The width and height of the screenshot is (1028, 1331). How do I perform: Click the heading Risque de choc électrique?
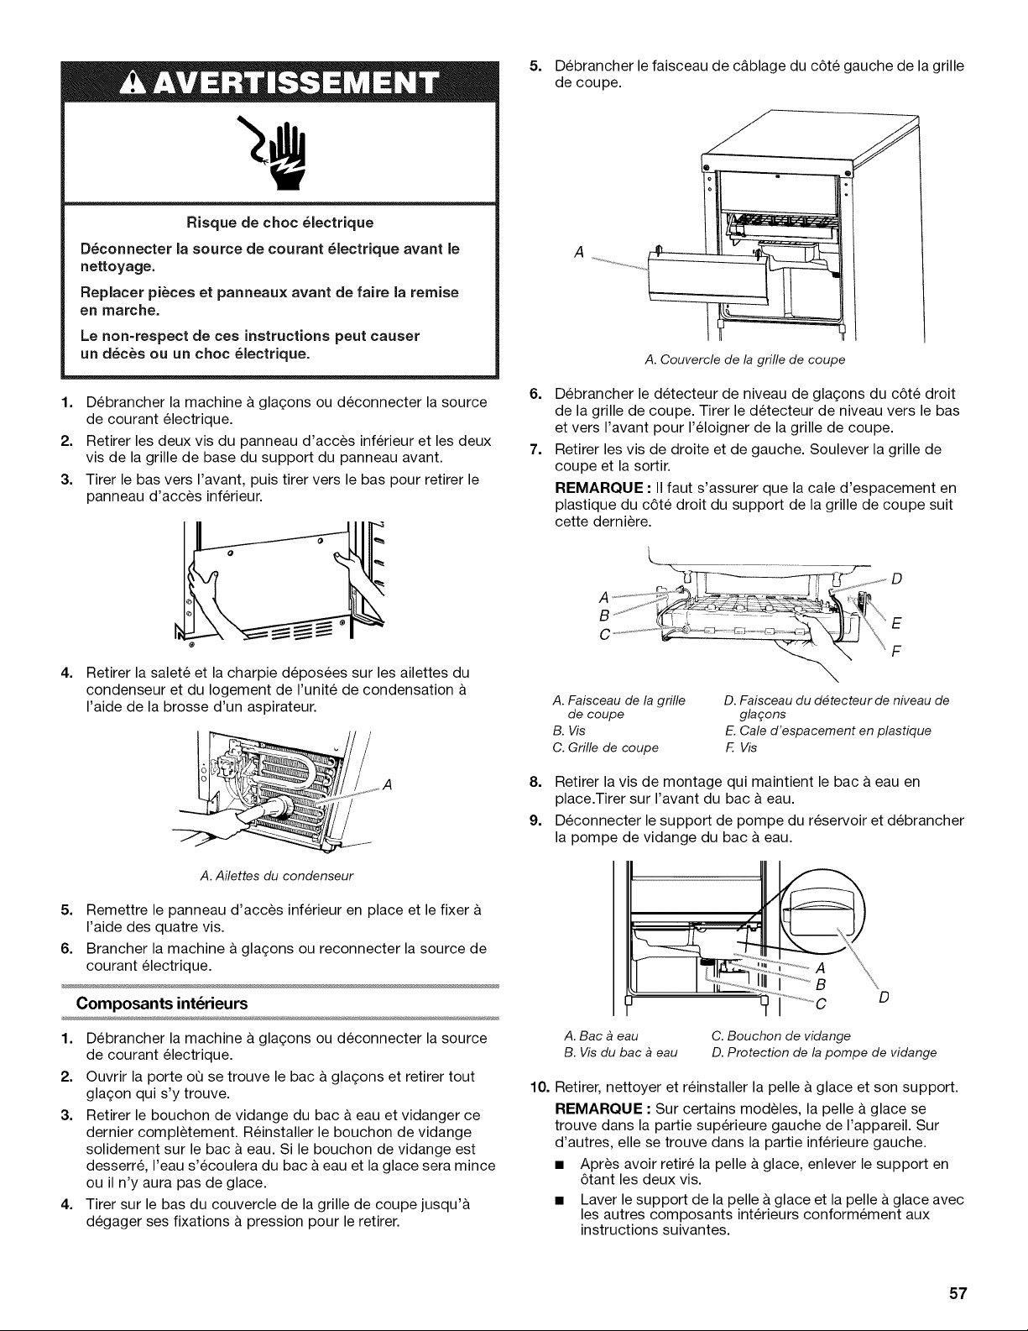click(x=279, y=223)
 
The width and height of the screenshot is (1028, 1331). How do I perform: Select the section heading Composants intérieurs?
click(x=161, y=1003)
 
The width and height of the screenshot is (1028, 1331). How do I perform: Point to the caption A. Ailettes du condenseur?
click(x=277, y=876)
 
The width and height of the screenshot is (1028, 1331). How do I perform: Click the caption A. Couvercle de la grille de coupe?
click(x=744, y=359)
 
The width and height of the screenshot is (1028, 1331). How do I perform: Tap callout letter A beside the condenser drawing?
click(x=387, y=784)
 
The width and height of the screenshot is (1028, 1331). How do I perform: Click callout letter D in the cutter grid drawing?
click(x=897, y=579)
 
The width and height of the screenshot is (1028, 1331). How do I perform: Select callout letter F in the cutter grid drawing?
click(x=896, y=651)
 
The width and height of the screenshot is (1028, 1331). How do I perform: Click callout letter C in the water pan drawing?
click(x=821, y=1004)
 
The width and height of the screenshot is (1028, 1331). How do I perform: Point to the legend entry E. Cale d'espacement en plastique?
click(x=827, y=731)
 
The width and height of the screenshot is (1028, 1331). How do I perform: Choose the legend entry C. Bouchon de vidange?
click(x=780, y=1035)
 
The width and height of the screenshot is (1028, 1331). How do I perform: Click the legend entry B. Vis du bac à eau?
click(x=620, y=1053)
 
